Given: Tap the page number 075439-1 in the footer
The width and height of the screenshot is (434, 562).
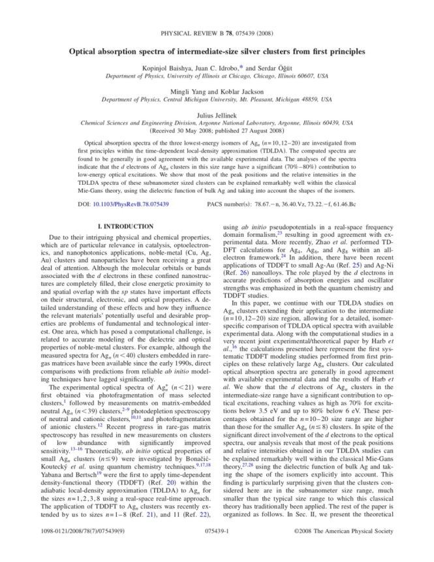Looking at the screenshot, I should (217, 550).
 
